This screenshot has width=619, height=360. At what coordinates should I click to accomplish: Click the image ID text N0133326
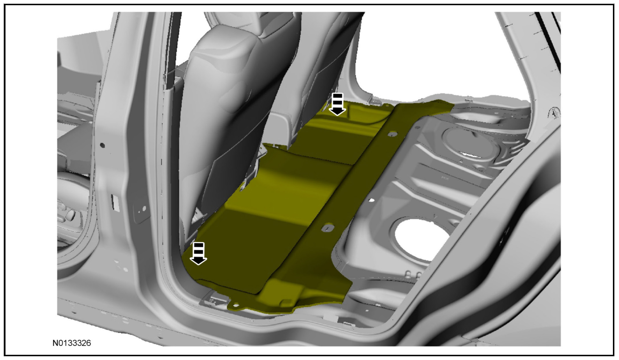(x=72, y=343)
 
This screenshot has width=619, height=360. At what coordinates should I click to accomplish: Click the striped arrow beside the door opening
(x=198, y=253)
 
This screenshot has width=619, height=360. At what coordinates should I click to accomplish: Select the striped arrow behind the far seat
(x=337, y=104)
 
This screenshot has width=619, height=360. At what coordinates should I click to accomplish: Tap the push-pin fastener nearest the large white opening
(x=327, y=228)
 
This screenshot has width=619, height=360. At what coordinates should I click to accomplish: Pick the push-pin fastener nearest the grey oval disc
(x=392, y=134)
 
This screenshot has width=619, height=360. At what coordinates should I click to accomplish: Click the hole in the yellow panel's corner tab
(x=236, y=305)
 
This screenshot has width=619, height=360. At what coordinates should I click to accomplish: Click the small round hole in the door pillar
(x=102, y=145)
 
